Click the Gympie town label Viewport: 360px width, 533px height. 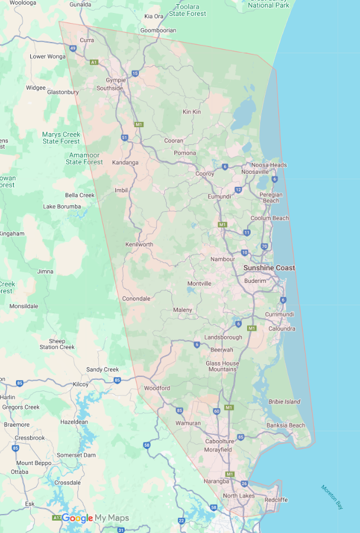point(116,80)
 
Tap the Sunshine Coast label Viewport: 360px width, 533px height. point(269,268)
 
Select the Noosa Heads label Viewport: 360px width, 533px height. point(269,165)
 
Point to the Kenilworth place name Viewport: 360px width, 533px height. point(139,244)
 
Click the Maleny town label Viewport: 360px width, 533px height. point(183,310)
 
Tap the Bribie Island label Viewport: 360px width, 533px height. point(284,402)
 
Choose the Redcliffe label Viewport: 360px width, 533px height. point(276,500)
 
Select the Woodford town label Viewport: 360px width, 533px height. point(157,388)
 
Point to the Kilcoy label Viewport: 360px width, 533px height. point(80,385)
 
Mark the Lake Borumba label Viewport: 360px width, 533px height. point(61,206)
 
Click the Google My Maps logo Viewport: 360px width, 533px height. point(95,518)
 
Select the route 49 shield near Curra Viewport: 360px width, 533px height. point(72,48)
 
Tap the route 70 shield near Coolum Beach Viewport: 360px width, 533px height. point(264,246)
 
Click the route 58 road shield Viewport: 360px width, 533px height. point(146,445)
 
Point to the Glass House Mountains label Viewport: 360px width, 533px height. point(222,366)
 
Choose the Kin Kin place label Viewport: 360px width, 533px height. point(192,112)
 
